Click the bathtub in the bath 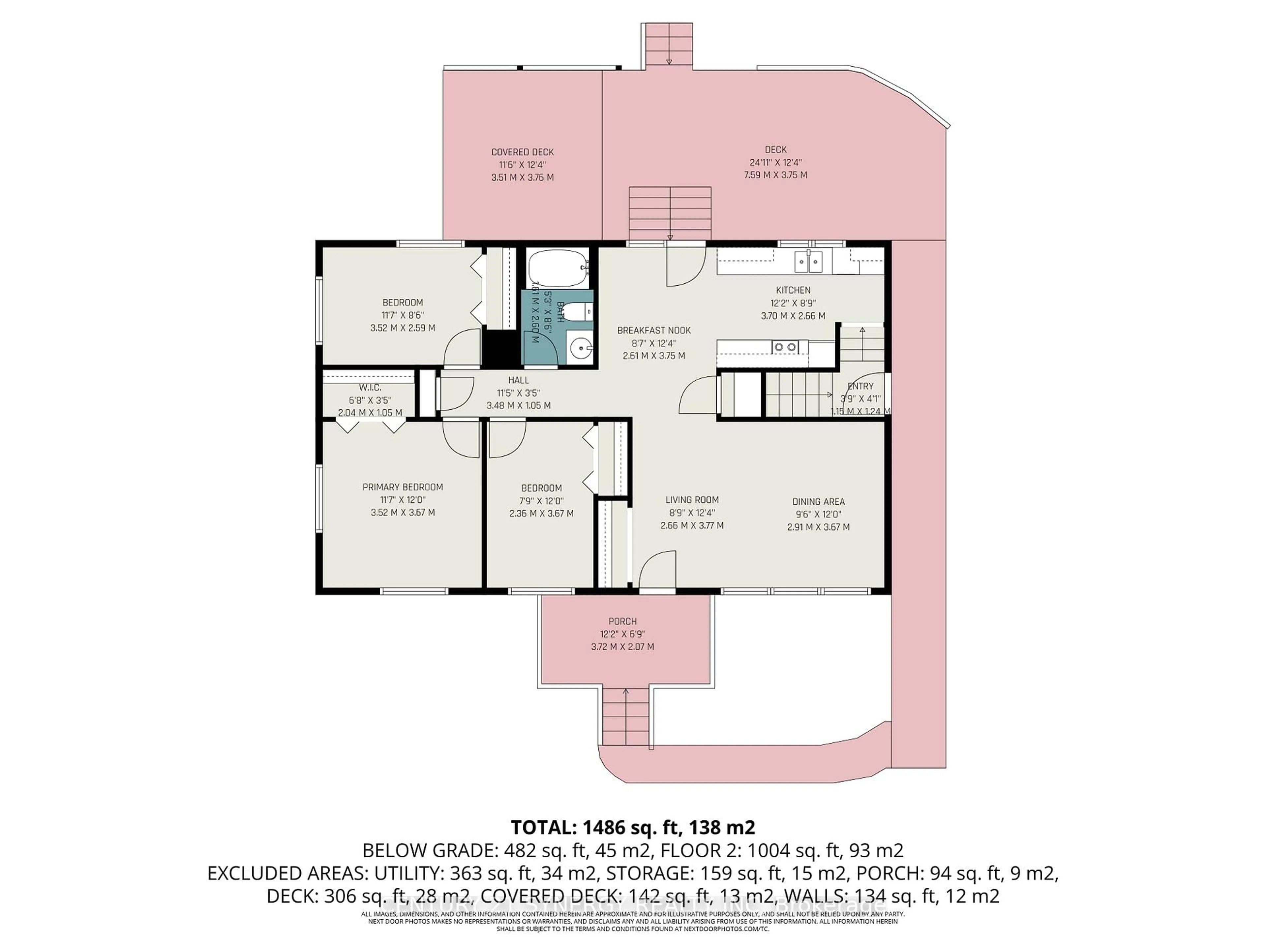[x=557, y=269]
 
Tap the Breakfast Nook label [x=653, y=331]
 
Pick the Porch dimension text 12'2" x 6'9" [x=622, y=634]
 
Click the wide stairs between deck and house [x=670, y=213]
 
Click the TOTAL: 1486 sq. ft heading [x=632, y=827]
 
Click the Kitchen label [x=793, y=290]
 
